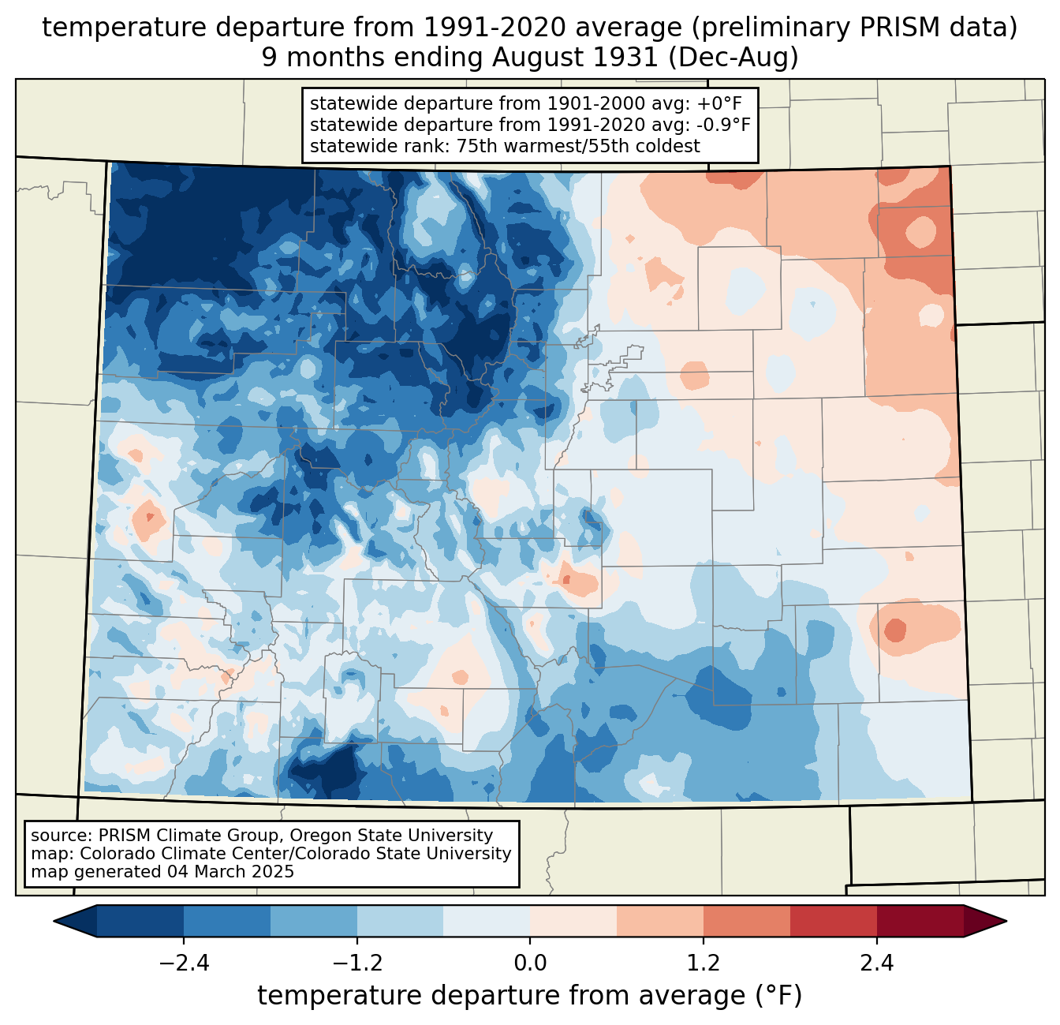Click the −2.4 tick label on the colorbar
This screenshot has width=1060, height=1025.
coord(184,963)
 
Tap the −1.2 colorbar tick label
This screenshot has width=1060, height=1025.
coord(357,963)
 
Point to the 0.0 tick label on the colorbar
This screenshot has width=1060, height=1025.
coord(530,963)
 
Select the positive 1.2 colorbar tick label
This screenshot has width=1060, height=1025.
coord(704,963)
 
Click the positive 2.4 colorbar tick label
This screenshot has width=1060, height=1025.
coord(876,963)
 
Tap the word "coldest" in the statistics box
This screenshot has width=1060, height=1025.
coord(670,146)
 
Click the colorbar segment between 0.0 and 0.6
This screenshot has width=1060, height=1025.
coord(573,921)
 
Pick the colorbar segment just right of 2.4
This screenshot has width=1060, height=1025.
coord(920,921)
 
